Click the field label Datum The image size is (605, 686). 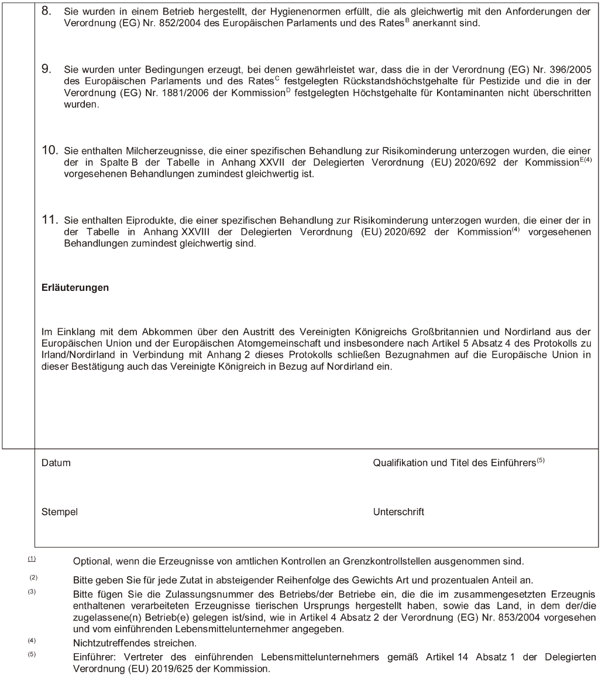pyautogui.click(x=56, y=463)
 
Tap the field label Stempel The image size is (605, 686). pyautogui.click(x=60, y=512)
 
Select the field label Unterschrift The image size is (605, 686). pyautogui.click(x=398, y=512)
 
